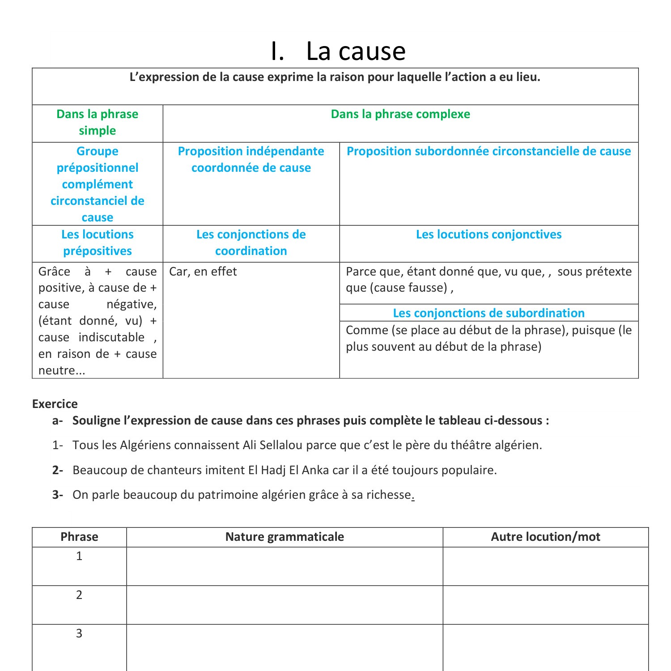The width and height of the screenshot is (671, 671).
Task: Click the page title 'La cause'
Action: coord(355,51)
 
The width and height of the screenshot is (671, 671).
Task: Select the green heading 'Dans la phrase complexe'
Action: coord(400,114)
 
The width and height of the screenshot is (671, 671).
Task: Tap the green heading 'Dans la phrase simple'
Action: coord(98,122)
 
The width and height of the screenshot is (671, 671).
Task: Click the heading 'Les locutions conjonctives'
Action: coord(488,234)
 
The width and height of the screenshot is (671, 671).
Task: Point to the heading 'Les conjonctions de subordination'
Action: coord(488,313)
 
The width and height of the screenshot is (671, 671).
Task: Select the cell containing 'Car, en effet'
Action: coord(203,272)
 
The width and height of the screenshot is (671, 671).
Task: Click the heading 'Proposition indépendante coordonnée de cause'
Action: coord(251,159)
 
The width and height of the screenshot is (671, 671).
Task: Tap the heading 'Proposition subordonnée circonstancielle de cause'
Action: coord(488,151)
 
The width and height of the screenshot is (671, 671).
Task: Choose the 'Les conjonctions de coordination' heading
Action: coord(251,242)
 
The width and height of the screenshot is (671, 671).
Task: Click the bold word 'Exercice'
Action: coord(55,404)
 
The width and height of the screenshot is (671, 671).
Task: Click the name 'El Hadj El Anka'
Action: coord(289,470)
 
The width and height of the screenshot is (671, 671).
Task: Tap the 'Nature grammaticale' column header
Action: coord(285,537)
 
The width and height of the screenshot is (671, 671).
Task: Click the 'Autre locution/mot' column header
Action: coord(545,537)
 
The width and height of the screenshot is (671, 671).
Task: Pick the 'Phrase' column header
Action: coord(79,537)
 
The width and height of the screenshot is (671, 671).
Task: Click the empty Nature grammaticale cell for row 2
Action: coord(285,605)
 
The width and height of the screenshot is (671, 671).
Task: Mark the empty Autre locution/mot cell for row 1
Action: coord(545,566)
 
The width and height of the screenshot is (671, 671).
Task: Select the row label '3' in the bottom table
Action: coord(79,633)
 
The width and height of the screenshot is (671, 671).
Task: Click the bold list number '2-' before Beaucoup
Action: coord(58,470)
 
